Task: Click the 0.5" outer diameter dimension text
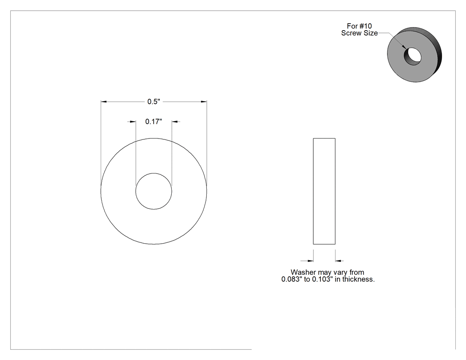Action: tap(154, 102)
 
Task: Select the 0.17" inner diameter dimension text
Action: tap(154, 122)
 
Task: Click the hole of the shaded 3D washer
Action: tap(412, 56)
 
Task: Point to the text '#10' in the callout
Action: tap(366, 26)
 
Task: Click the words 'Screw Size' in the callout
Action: tap(359, 33)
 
